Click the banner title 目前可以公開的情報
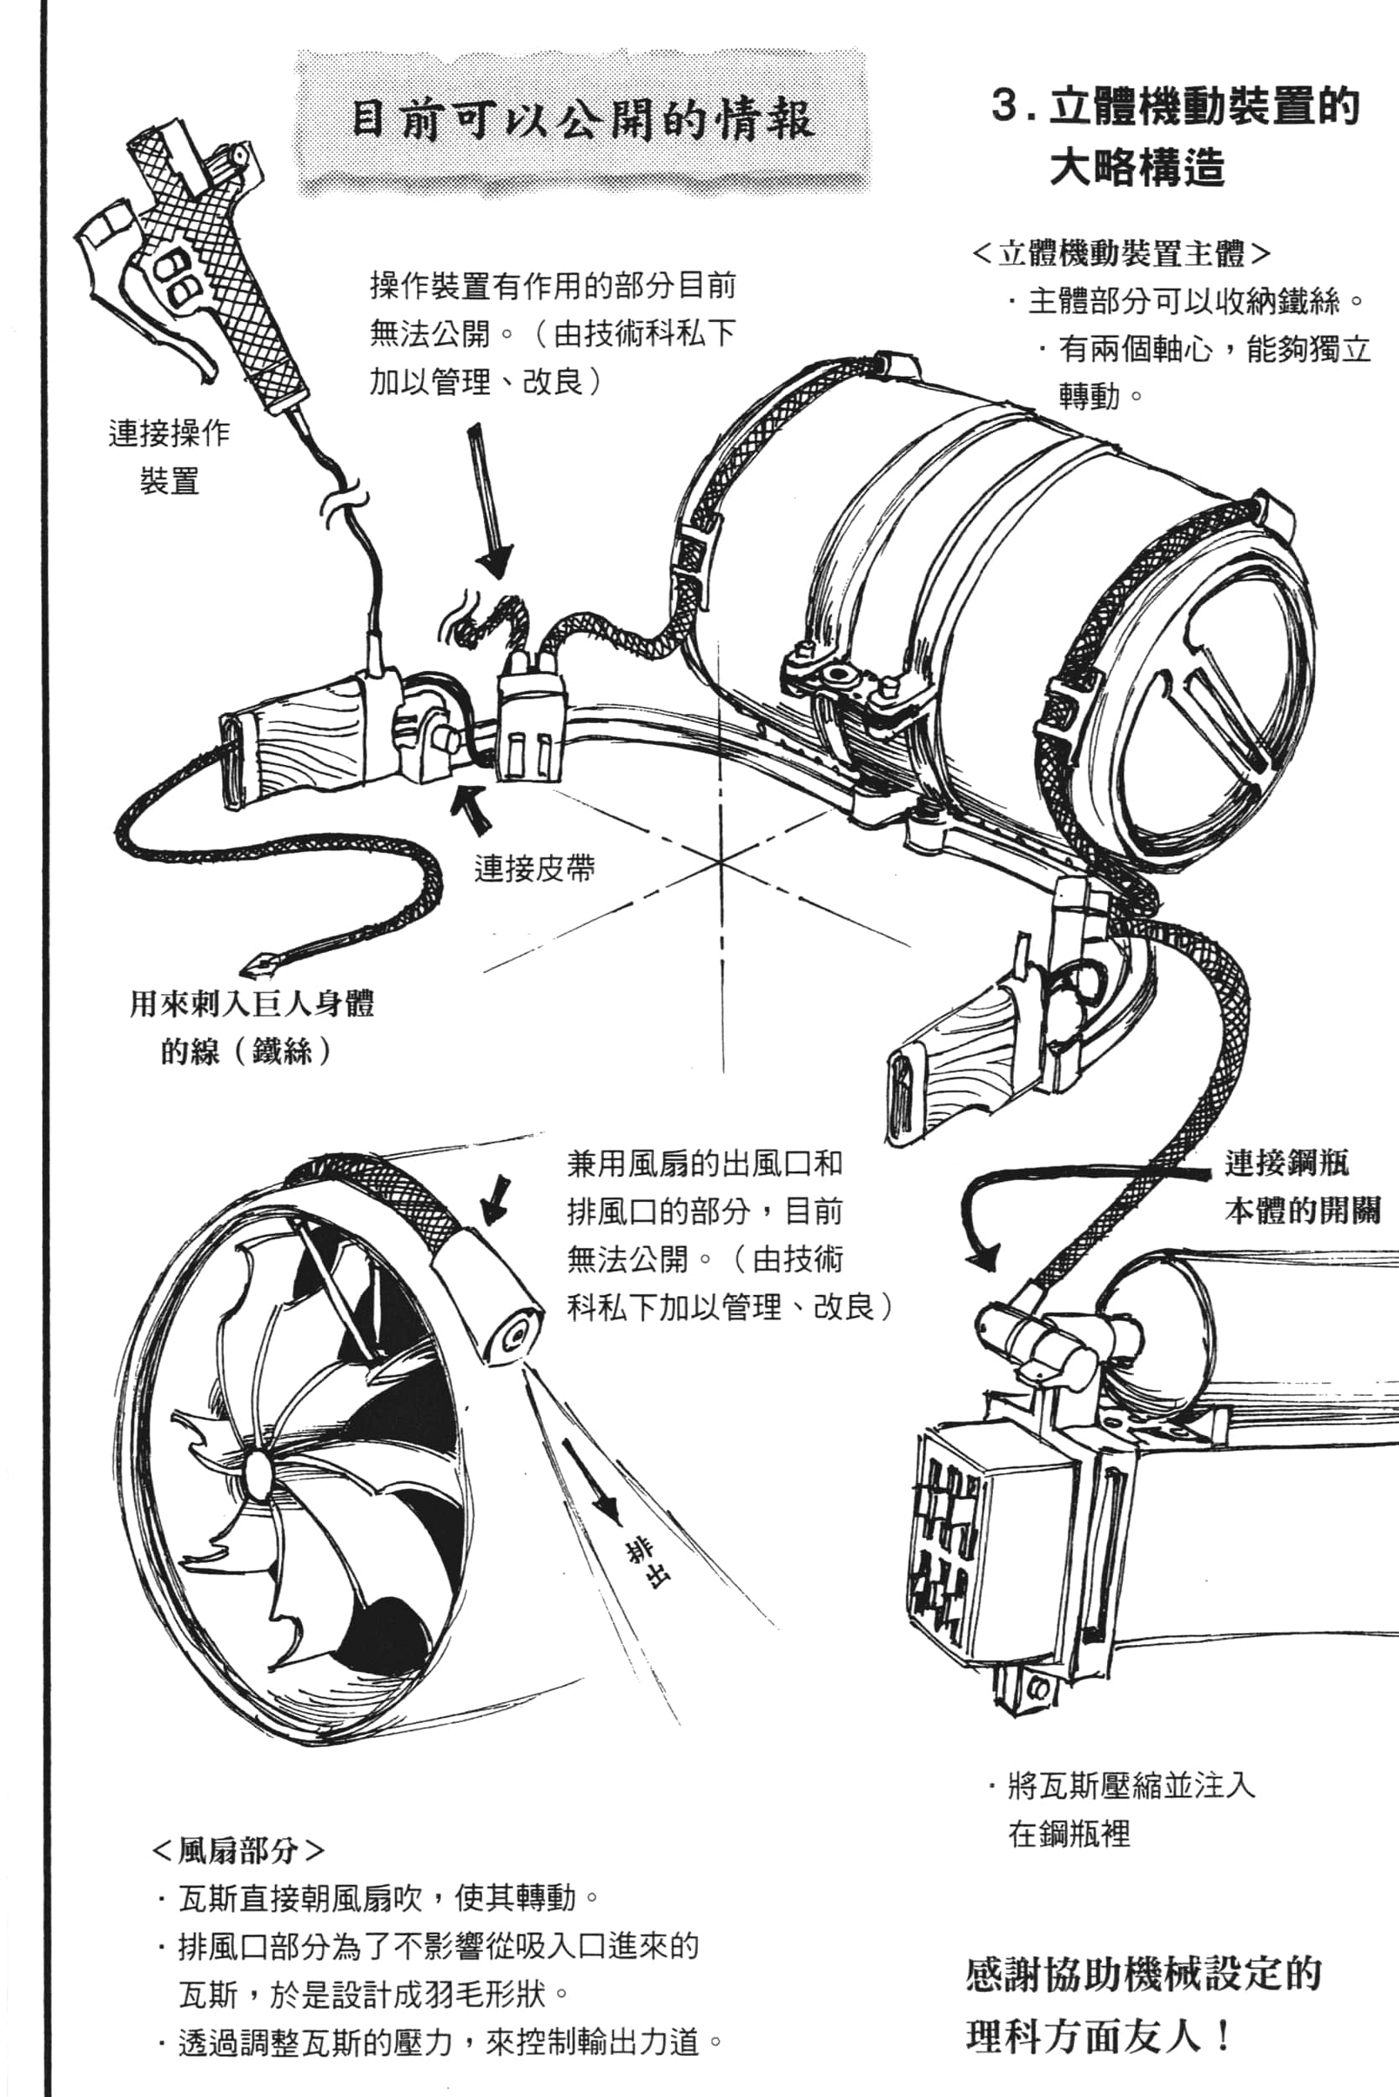pyautogui.click(x=582, y=120)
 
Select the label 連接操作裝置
pyautogui.click(x=169, y=457)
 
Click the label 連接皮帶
pyautogui.click(x=533, y=867)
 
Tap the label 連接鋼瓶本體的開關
pyautogui.click(x=1302, y=1187)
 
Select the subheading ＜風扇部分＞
pyautogui.click(x=238, y=1850)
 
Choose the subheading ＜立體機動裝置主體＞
pyautogui.click(x=1121, y=254)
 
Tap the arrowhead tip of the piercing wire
pyautogui.click(x=254, y=969)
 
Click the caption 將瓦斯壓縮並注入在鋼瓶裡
pyautogui.click(x=1121, y=1808)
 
